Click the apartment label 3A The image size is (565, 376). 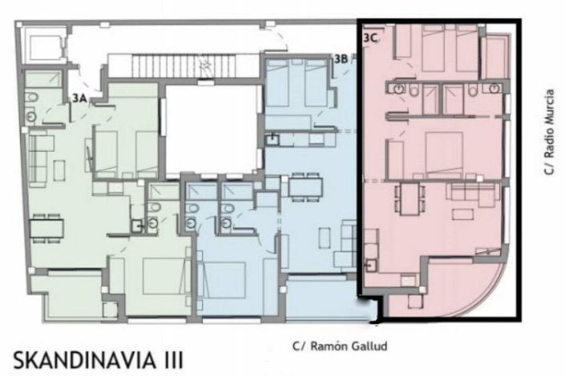pyautogui.click(x=79, y=98)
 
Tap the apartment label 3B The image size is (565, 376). pyautogui.click(x=341, y=58)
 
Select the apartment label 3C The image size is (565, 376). pyautogui.click(x=371, y=37)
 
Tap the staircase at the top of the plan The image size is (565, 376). pyautogui.click(x=165, y=65)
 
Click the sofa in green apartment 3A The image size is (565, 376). pyautogui.click(x=42, y=152)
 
